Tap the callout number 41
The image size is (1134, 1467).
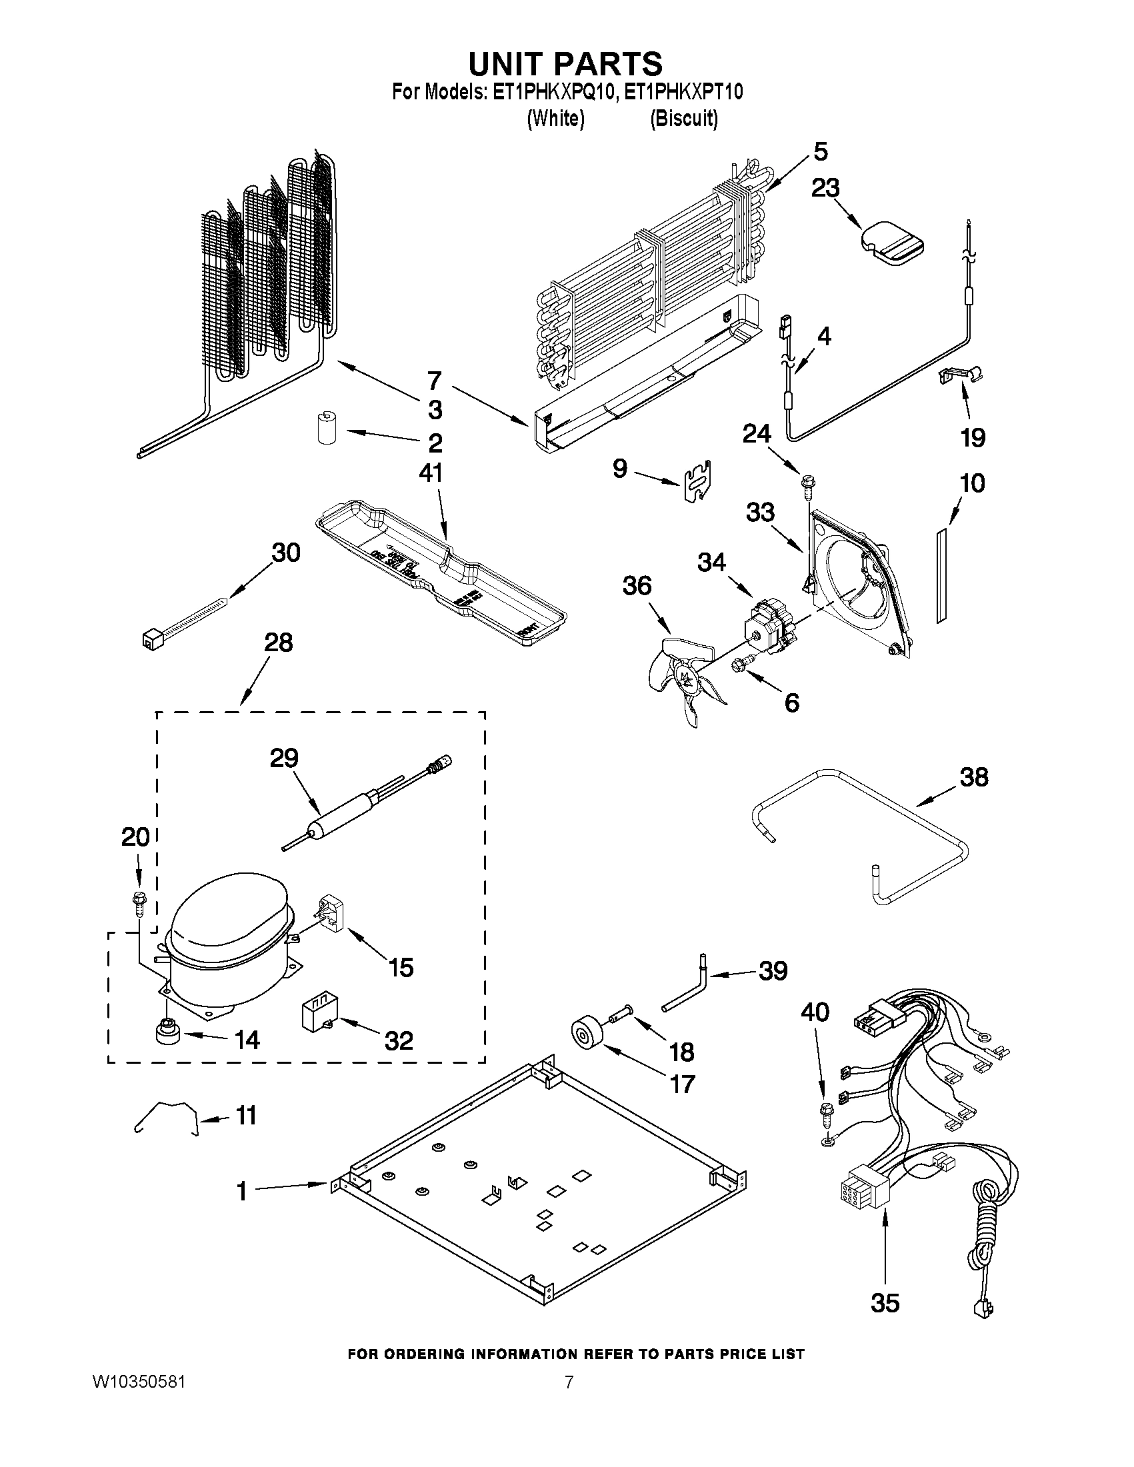[430, 473]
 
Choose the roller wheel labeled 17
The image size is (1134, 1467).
[587, 1033]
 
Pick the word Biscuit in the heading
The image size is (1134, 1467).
[684, 119]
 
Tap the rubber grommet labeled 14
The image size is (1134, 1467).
[167, 1032]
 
